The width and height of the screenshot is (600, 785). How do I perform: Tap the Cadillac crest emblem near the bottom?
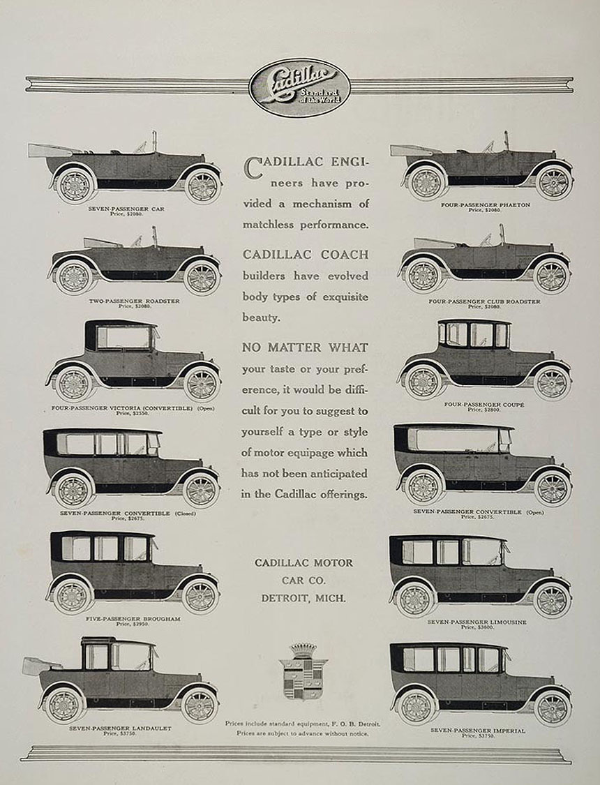(x=303, y=670)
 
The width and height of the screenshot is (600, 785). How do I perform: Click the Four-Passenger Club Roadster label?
(x=484, y=301)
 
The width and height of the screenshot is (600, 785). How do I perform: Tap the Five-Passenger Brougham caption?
(x=123, y=618)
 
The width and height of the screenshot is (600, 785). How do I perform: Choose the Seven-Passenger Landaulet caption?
(x=120, y=728)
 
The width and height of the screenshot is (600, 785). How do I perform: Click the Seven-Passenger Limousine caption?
(x=478, y=621)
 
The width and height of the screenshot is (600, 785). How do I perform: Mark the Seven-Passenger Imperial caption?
(x=478, y=730)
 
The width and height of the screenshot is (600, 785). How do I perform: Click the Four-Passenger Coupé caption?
(x=484, y=404)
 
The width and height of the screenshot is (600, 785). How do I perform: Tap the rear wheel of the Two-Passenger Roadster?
(x=73, y=277)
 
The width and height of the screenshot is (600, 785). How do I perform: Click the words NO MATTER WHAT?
(x=305, y=347)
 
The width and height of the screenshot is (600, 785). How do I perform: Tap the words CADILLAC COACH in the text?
(x=305, y=254)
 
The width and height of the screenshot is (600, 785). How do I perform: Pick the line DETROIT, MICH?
(x=303, y=597)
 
